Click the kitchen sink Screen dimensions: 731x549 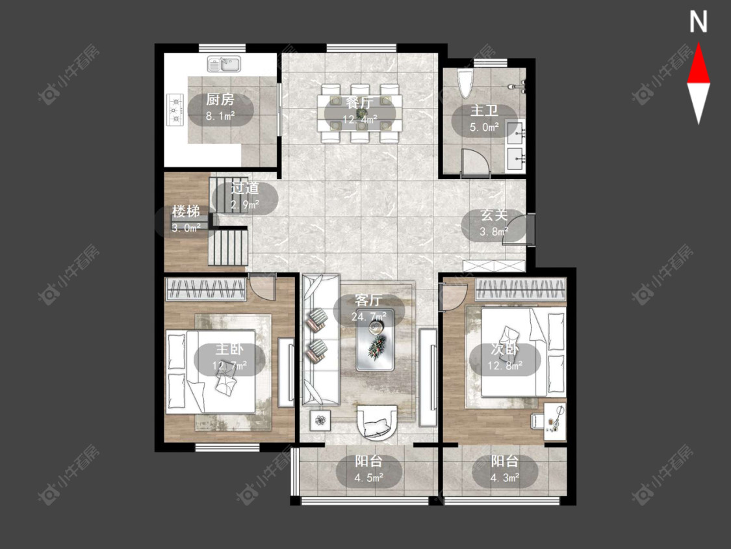click(224, 64)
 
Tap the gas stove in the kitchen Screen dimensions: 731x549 click(175, 110)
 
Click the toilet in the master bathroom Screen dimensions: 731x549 click(465, 83)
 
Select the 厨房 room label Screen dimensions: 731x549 click(220, 100)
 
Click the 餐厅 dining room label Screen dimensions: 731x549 click(359, 102)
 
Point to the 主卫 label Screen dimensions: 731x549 click(484, 111)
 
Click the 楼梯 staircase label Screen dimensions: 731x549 click(186, 211)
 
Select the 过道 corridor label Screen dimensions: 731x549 click(245, 188)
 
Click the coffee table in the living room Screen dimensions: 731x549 click(375, 340)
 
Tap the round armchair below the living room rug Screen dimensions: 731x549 click(377, 422)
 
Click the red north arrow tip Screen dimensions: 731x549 click(699, 44)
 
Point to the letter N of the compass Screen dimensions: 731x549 click(699, 21)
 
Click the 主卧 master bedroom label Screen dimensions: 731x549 click(229, 349)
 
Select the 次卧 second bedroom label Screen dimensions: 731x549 click(505, 349)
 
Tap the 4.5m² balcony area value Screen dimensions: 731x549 click(369, 477)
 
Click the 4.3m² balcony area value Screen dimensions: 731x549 click(505, 477)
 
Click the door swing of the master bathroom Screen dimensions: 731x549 click(475, 163)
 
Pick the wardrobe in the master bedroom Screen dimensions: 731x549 click(205, 289)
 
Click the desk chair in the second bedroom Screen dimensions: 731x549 click(537, 420)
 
